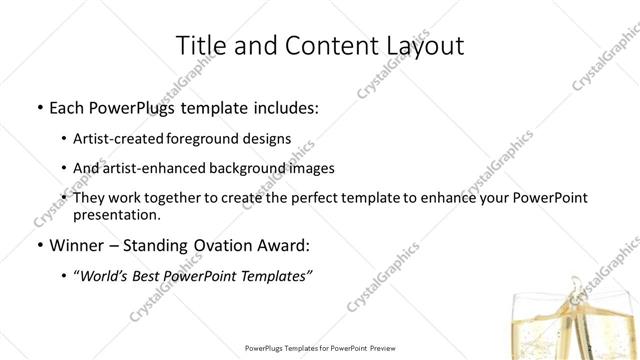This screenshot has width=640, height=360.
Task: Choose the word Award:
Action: (x=282, y=246)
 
